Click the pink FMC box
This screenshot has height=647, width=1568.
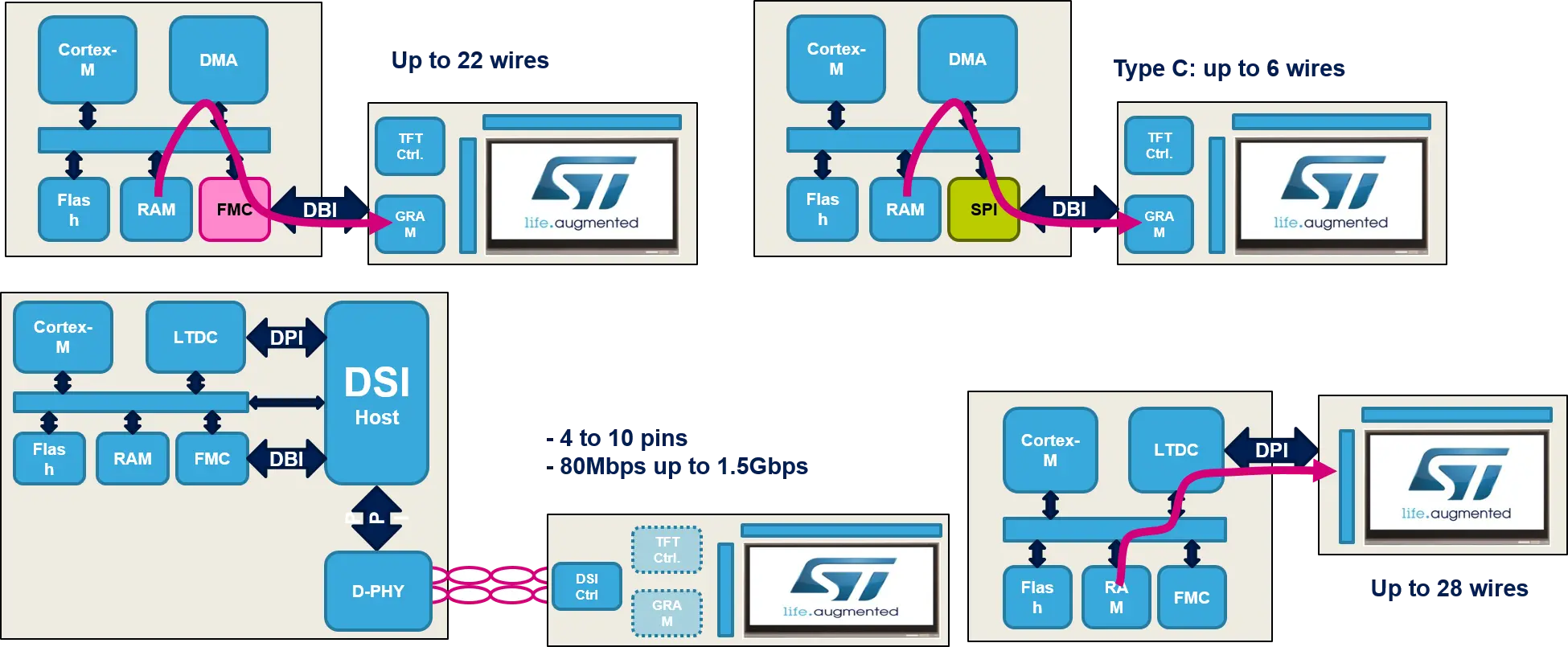(234, 209)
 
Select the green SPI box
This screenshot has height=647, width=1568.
(983, 209)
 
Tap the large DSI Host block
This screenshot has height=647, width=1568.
(376, 393)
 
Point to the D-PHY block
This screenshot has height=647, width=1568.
(378, 591)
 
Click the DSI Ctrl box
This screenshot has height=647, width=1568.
(586, 587)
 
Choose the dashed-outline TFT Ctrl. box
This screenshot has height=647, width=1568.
(667, 550)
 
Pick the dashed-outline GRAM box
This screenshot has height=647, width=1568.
(667, 613)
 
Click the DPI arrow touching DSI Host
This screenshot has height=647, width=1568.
(286, 338)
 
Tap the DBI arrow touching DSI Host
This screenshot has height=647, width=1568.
(286, 459)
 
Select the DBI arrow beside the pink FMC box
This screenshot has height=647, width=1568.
(319, 210)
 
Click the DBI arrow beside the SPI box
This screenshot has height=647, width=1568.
(1069, 209)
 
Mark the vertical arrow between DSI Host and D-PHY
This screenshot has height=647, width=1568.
(376, 518)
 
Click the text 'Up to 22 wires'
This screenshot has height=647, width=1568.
(472, 60)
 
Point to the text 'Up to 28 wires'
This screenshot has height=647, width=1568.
(1450, 588)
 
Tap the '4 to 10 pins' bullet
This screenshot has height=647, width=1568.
(618, 439)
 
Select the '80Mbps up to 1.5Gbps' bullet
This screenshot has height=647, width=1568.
(678, 466)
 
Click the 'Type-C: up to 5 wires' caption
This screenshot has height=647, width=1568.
(1230, 68)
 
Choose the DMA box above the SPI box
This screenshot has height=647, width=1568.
(967, 59)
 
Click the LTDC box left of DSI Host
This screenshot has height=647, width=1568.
(195, 338)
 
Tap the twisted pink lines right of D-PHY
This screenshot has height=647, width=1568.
(490, 585)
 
